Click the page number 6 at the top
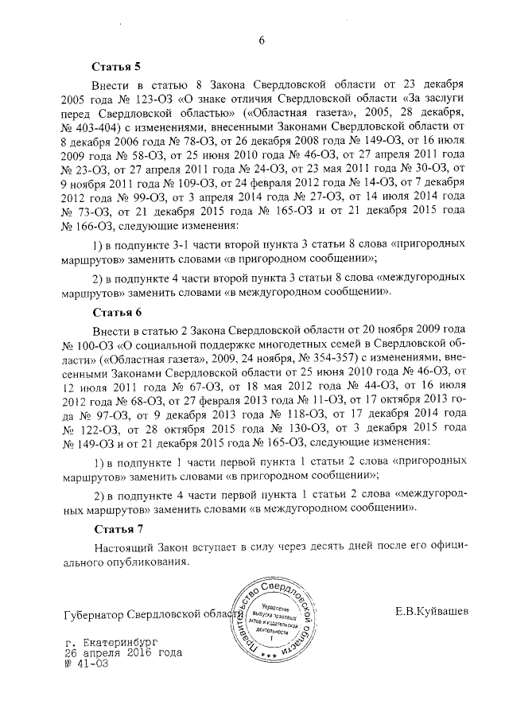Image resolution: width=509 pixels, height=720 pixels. click(x=260, y=41)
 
